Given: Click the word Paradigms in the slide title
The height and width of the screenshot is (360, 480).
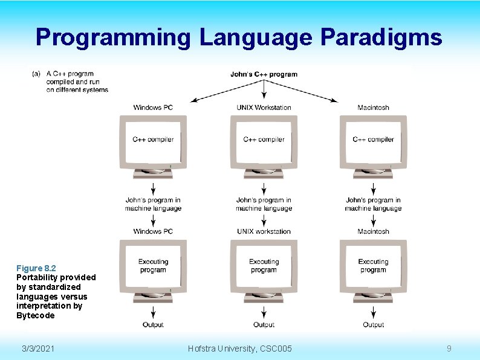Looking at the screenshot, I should [381, 37].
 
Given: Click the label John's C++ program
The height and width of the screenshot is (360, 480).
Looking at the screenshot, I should [264, 74].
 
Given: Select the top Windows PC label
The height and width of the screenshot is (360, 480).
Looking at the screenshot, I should [153, 108].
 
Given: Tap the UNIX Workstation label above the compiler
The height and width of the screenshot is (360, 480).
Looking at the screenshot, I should [264, 108].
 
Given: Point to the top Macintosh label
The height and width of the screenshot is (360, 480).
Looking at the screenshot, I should [373, 108].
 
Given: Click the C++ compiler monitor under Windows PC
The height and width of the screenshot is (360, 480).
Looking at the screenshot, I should [153, 143].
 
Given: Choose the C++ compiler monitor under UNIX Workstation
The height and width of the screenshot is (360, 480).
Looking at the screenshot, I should [264, 143].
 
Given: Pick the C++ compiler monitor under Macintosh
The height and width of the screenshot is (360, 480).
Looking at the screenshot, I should [373, 143].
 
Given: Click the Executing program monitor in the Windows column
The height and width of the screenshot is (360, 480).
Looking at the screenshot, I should [153, 266].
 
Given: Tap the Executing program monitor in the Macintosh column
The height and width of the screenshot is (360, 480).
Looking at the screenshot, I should [373, 266].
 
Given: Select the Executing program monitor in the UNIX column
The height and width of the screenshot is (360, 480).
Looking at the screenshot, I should [264, 266].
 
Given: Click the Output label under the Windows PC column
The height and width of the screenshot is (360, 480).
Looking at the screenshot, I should [153, 325].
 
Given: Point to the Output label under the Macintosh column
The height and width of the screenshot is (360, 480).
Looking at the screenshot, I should [373, 325].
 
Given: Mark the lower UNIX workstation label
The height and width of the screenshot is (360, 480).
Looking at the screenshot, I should [264, 231].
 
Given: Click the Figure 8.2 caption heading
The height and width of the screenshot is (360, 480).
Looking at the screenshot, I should [36, 268].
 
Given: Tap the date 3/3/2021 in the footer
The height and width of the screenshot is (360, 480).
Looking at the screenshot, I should [37, 349].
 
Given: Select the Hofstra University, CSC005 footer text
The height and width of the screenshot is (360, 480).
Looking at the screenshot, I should [240, 349].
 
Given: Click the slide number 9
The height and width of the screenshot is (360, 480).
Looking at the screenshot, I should [449, 349].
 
